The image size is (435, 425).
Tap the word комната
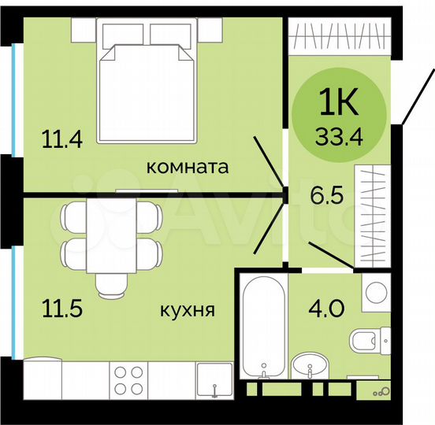point(188,167)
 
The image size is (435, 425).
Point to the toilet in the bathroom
point(370,341)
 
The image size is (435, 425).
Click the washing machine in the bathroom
point(374,293)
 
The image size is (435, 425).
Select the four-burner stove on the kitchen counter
point(125,379)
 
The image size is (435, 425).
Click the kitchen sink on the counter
point(213,381)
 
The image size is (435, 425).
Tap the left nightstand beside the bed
point(84,29)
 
